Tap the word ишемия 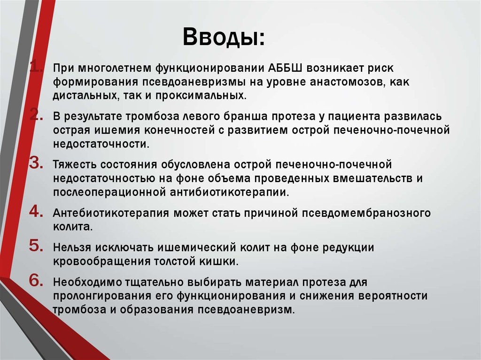tap(112, 130)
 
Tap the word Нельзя tap(72, 247)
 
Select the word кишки tap(224, 262)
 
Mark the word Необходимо tap(86, 282)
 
